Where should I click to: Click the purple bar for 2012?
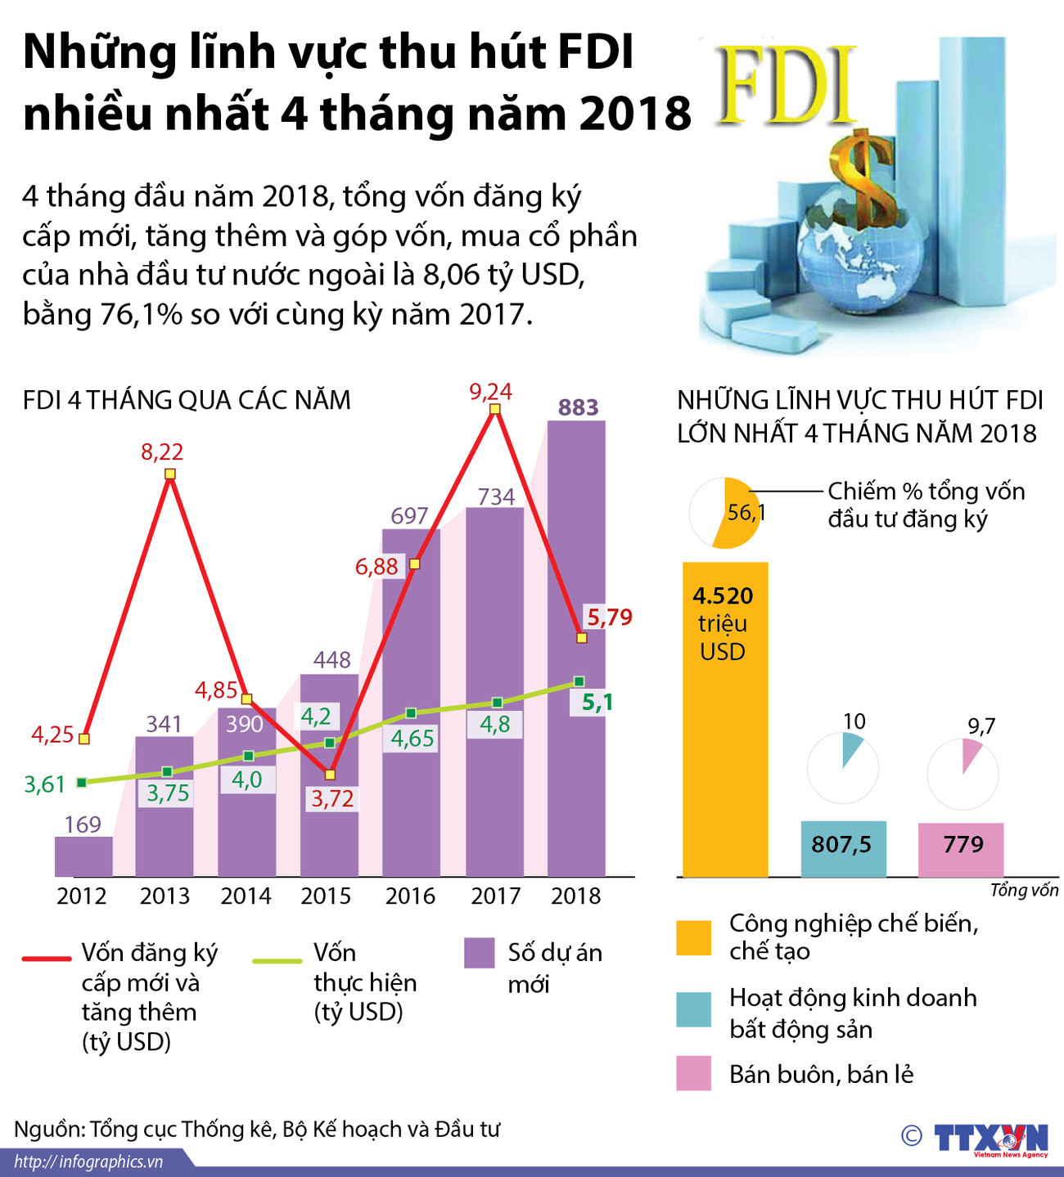(x=83, y=856)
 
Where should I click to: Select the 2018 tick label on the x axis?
(x=575, y=896)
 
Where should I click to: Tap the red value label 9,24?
(x=491, y=392)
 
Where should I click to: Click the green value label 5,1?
(x=597, y=703)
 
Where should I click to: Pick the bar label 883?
(x=578, y=407)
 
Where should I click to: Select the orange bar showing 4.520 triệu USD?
(x=725, y=720)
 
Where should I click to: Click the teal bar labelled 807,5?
(x=843, y=848)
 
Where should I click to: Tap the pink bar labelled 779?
(x=961, y=849)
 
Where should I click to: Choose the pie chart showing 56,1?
(x=725, y=513)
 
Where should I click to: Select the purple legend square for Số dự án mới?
(x=479, y=953)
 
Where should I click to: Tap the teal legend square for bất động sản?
(x=694, y=1009)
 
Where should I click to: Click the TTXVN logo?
(x=990, y=1138)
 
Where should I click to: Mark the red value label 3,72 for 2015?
(x=331, y=799)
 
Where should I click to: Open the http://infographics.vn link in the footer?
(x=88, y=1161)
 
